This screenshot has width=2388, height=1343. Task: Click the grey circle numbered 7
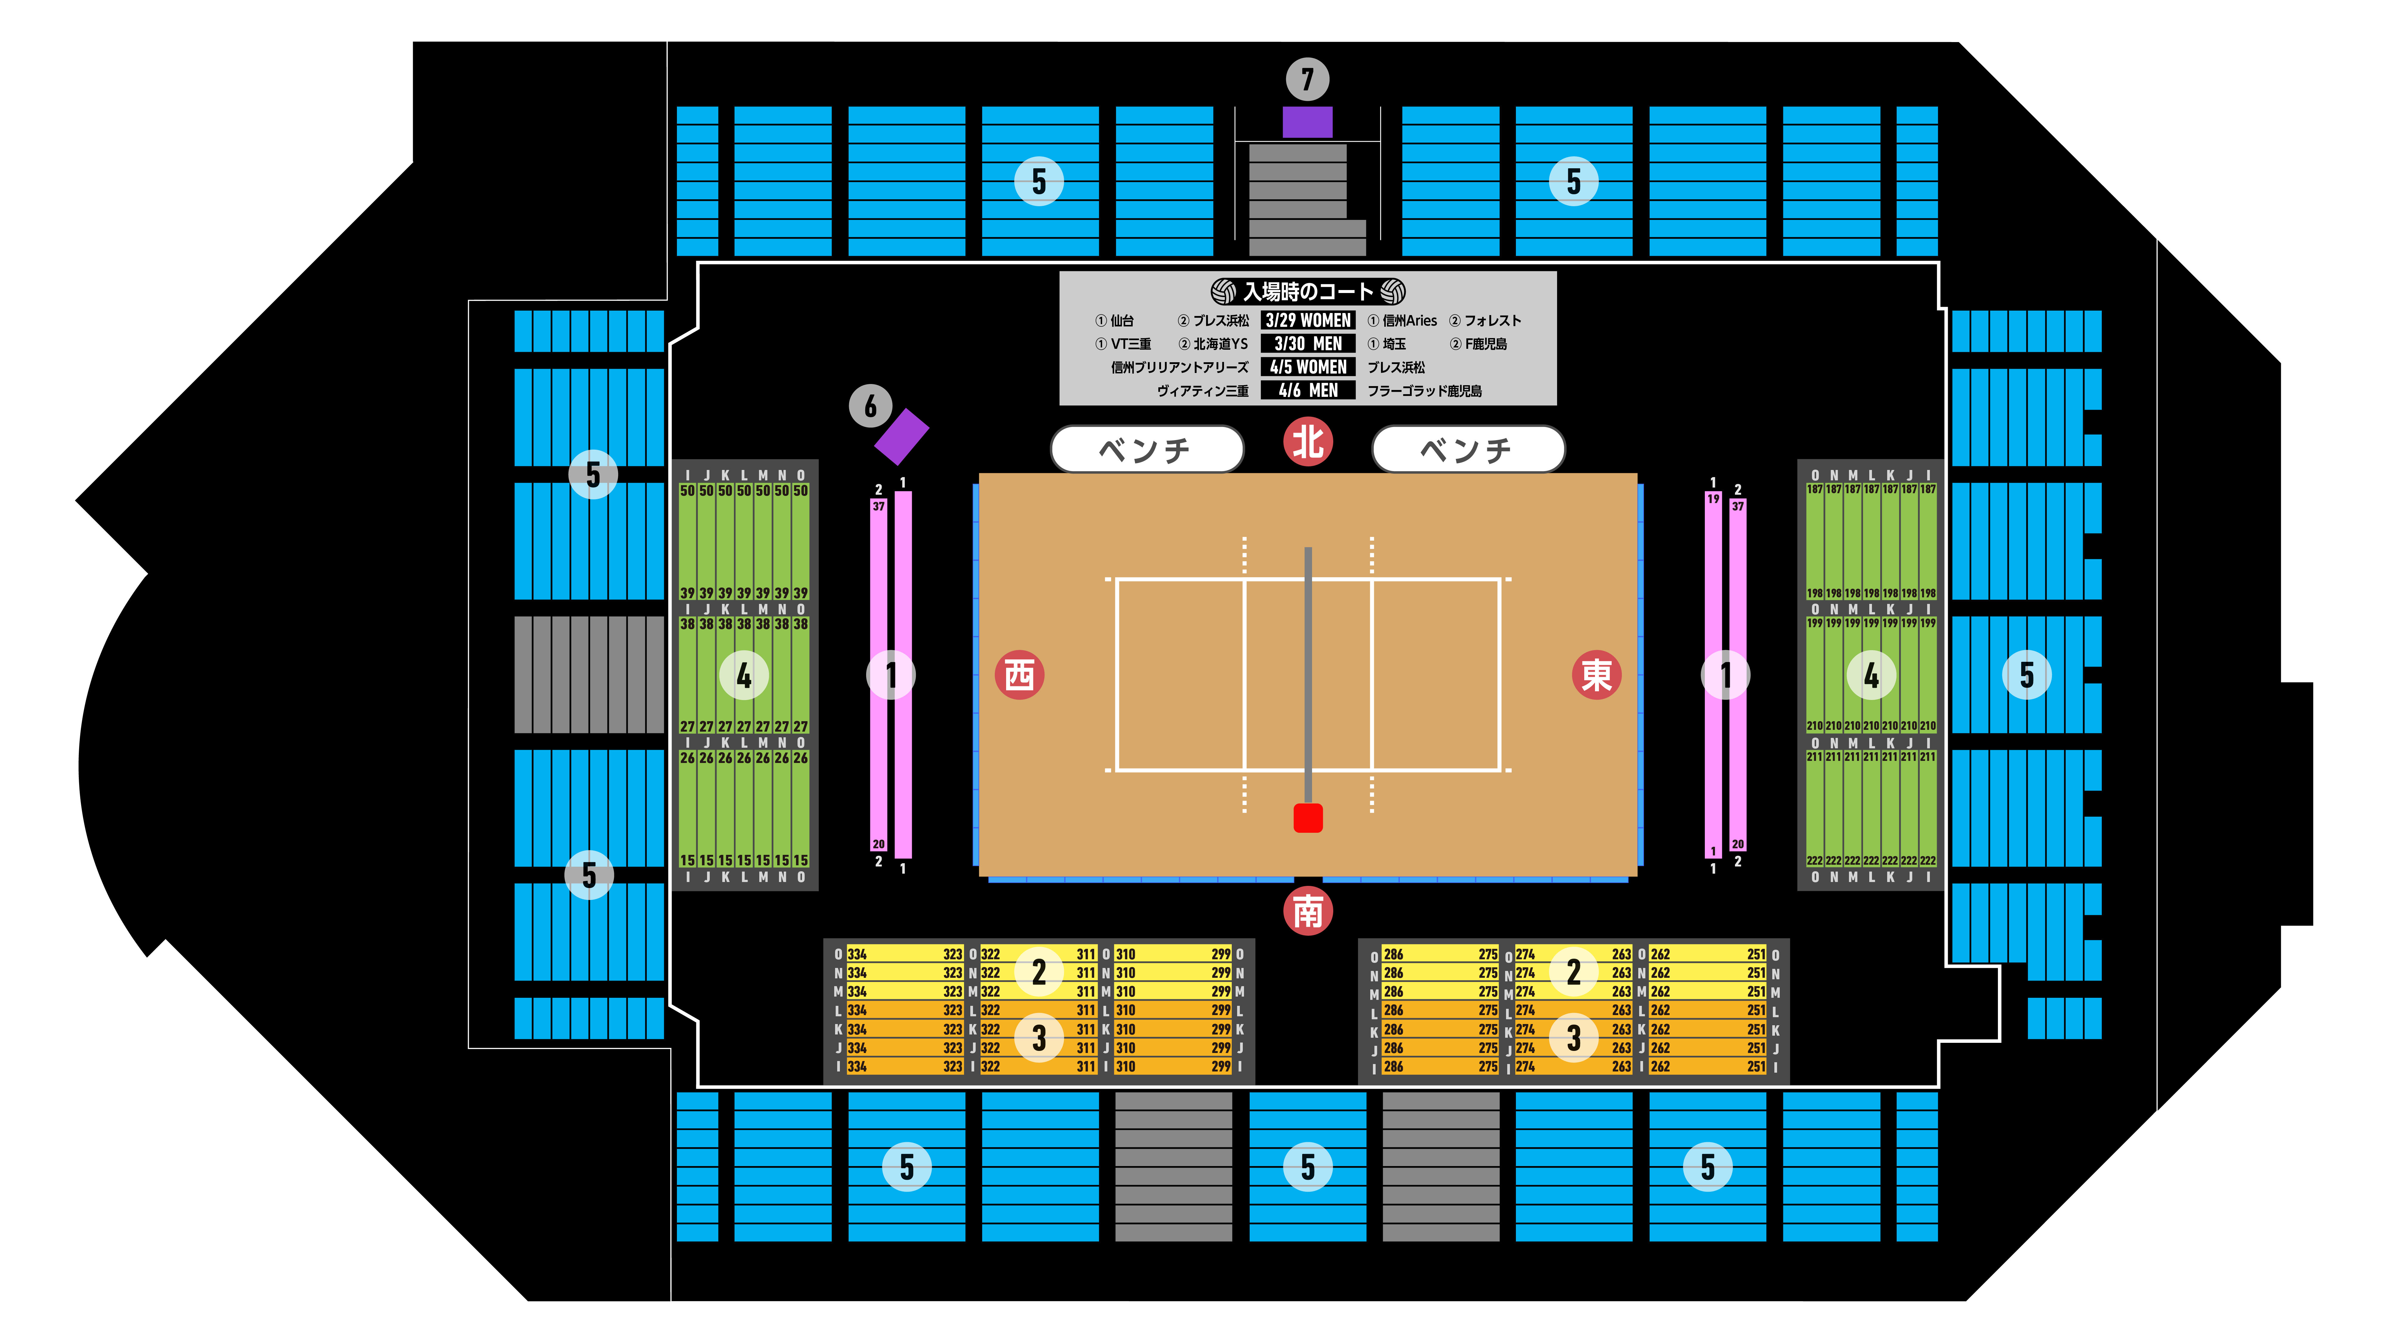(x=1307, y=80)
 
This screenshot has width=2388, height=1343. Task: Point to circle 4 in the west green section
(x=743, y=676)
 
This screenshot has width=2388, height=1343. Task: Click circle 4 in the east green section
(x=1871, y=676)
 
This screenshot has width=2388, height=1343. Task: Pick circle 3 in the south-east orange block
(x=1573, y=1038)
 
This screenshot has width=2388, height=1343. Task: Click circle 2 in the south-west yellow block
(x=1038, y=971)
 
